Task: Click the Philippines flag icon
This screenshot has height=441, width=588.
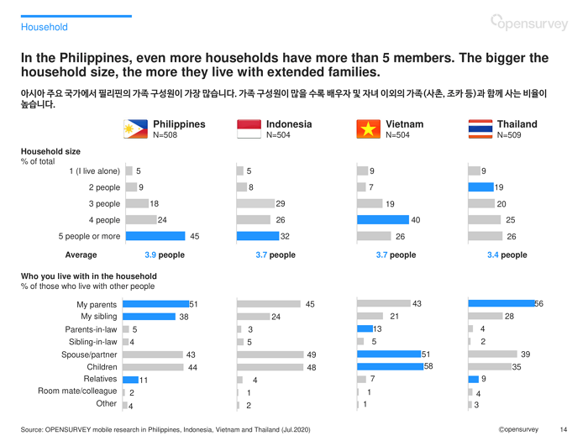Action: coord(136,129)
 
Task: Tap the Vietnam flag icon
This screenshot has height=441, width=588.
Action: coord(366,129)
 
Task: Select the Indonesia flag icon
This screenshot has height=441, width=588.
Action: coord(249,129)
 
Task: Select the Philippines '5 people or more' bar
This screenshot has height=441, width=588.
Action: coord(155,236)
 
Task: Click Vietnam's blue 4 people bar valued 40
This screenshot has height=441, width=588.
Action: coord(382,220)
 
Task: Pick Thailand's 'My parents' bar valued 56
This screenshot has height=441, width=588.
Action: coord(501,303)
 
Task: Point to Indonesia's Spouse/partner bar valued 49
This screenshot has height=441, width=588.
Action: coord(270,354)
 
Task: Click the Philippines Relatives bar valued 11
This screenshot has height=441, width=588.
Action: coord(131,380)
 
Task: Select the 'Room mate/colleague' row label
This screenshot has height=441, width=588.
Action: coord(77,391)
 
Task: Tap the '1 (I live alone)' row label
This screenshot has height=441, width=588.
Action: coord(94,171)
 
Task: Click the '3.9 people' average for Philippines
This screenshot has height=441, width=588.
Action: coord(165,255)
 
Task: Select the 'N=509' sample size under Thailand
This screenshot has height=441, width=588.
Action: coord(510,134)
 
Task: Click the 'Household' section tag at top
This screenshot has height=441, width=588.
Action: coord(45,27)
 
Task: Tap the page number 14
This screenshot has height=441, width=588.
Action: coord(563,429)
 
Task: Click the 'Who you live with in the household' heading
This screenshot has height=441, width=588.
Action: coord(88,276)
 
